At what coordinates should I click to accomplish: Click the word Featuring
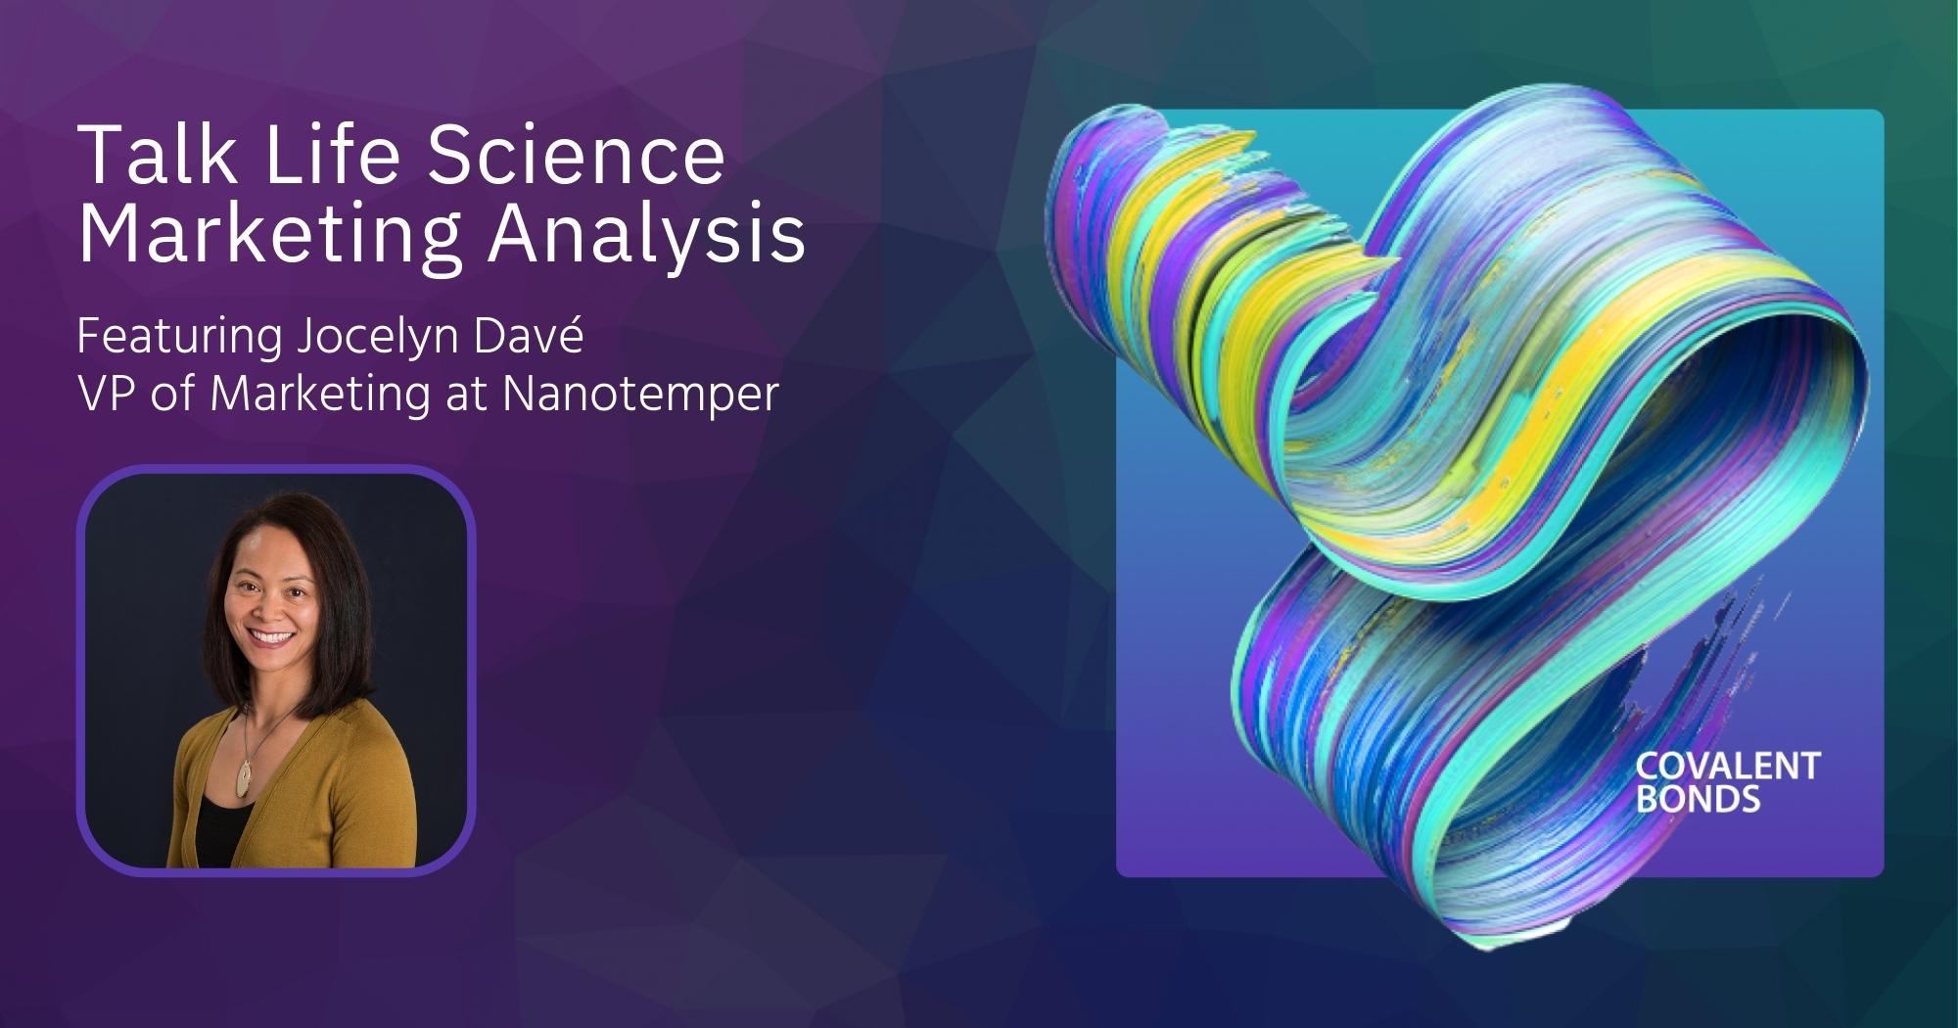click(179, 339)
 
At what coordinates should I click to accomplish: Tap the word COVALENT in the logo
click(1728, 767)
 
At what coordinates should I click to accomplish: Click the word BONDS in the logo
click(1698, 800)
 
